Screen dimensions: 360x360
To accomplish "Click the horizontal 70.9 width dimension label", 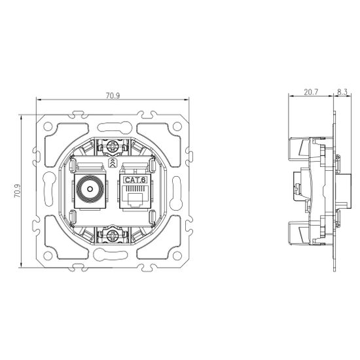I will click(x=112, y=96).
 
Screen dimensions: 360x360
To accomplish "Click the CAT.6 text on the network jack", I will click(x=135, y=179).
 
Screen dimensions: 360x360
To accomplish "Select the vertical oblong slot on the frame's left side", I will click(x=49, y=190).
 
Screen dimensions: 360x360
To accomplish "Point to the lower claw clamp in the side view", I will click(x=298, y=234).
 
